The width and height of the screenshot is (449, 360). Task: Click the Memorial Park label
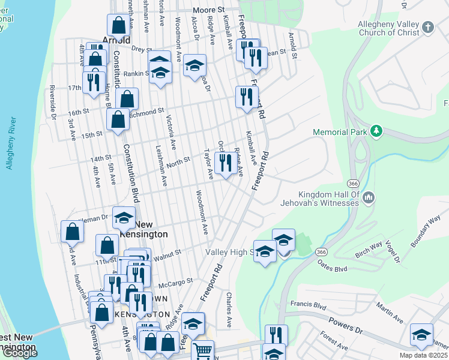[x=339, y=132]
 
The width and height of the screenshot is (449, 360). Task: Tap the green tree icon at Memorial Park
[x=376, y=130]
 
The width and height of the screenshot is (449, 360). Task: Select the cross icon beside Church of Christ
[x=427, y=28]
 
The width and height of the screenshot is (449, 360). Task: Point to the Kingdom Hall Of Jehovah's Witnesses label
[x=329, y=199]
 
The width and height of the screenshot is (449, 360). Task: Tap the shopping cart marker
[x=203, y=350]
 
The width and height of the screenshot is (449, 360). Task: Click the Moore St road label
[x=208, y=10]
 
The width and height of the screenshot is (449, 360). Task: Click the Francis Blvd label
[x=311, y=305]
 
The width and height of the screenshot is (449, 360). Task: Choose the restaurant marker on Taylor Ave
[x=224, y=162]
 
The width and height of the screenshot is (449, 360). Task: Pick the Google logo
[x=20, y=353]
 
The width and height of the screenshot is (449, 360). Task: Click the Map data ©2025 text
[x=423, y=355]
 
